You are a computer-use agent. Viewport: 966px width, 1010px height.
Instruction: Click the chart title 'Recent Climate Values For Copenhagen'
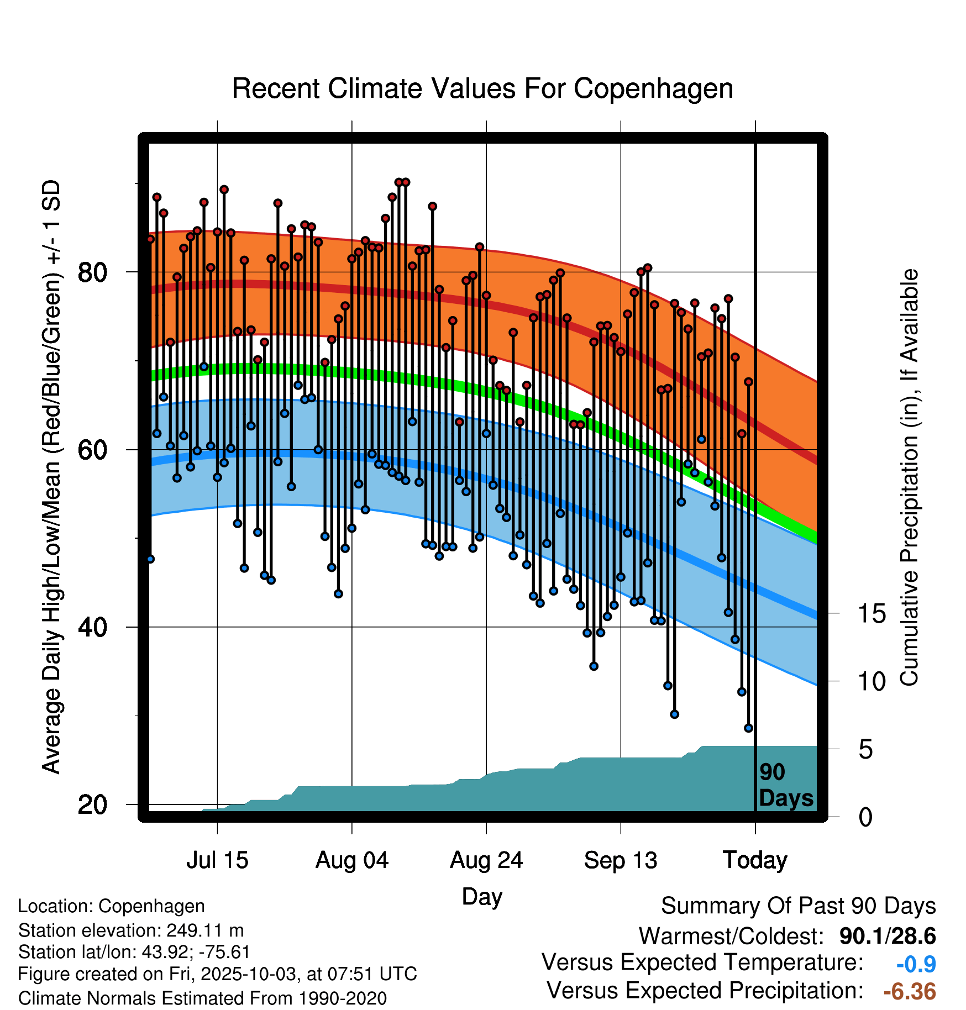482,89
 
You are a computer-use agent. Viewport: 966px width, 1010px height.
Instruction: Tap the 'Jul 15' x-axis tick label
217,860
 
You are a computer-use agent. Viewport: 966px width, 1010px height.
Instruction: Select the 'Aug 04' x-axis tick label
352,860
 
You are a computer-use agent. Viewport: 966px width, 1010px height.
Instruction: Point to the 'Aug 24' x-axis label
486,860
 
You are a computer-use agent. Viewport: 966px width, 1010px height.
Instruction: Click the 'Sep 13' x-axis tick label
621,860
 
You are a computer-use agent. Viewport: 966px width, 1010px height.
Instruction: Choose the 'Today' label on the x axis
755,860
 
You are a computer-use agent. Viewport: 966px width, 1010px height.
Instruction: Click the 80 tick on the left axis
93,272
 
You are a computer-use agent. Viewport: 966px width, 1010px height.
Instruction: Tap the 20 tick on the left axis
93,804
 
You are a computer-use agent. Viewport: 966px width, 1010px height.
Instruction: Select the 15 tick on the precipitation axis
872,613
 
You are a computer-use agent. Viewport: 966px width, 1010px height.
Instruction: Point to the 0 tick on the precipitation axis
865,817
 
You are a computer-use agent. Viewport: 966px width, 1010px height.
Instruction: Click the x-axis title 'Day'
482,896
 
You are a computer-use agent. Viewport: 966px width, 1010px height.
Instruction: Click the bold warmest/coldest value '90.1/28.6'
888,936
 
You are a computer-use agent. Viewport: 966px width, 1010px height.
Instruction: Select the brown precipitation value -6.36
910,991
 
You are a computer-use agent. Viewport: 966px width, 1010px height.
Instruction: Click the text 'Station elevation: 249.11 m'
131,930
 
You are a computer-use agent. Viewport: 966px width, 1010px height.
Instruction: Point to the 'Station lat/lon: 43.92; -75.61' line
134,952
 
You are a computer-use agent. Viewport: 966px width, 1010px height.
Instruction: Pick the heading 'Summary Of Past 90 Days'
798,906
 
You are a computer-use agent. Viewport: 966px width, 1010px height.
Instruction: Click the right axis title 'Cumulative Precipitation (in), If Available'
910,477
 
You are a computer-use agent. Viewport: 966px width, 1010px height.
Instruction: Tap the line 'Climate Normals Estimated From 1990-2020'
202,998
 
